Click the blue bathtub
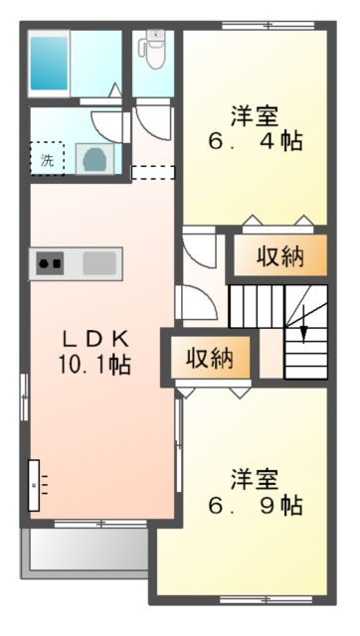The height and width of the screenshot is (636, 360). tap(48, 63)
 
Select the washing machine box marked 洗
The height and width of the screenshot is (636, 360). tap(47, 157)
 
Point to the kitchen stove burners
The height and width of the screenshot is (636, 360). tap(51, 264)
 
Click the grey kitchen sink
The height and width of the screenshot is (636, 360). tap(99, 264)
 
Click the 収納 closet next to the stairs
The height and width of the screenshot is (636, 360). tap(279, 256)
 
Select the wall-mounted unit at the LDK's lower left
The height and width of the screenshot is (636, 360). tap(37, 484)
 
